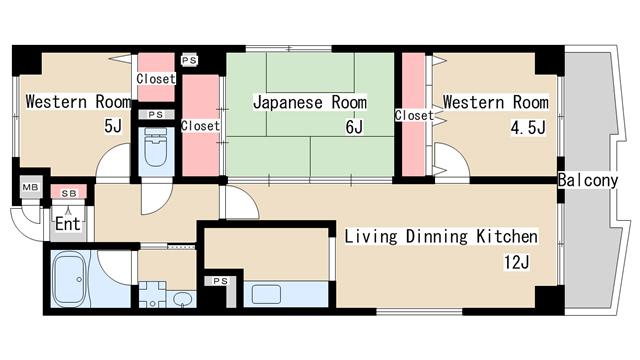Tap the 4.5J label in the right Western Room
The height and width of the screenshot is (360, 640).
pyautogui.click(x=527, y=127)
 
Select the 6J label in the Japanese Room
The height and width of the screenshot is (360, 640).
pyautogui.click(x=354, y=127)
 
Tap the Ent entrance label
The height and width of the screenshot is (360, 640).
pyautogui.click(x=67, y=224)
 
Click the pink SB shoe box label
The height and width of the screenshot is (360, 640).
pyautogui.click(x=69, y=191)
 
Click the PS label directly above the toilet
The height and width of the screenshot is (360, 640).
pyautogui.click(x=155, y=115)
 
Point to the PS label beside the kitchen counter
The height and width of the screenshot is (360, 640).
pyautogui.click(x=220, y=282)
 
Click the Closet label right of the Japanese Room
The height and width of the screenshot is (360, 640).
pyautogui.click(x=414, y=116)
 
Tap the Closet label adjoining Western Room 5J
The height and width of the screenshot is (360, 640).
pyautogui.click(x=155, y=78)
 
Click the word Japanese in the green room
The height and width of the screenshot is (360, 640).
pyautogui.click(x=286, y=103)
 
